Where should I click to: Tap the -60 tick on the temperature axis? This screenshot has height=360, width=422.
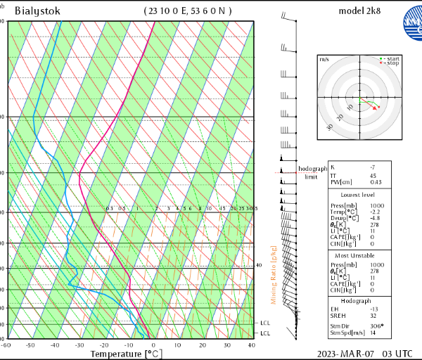tap(6, 345)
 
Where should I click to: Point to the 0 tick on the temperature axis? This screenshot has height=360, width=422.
tap(153, 345)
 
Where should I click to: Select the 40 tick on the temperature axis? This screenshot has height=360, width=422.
tap(251, 345)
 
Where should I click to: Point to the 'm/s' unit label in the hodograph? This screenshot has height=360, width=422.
tap(324, 60)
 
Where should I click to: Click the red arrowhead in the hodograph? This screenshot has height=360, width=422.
tap(376, 108)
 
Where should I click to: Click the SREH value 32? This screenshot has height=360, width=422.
tap(373, 316)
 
